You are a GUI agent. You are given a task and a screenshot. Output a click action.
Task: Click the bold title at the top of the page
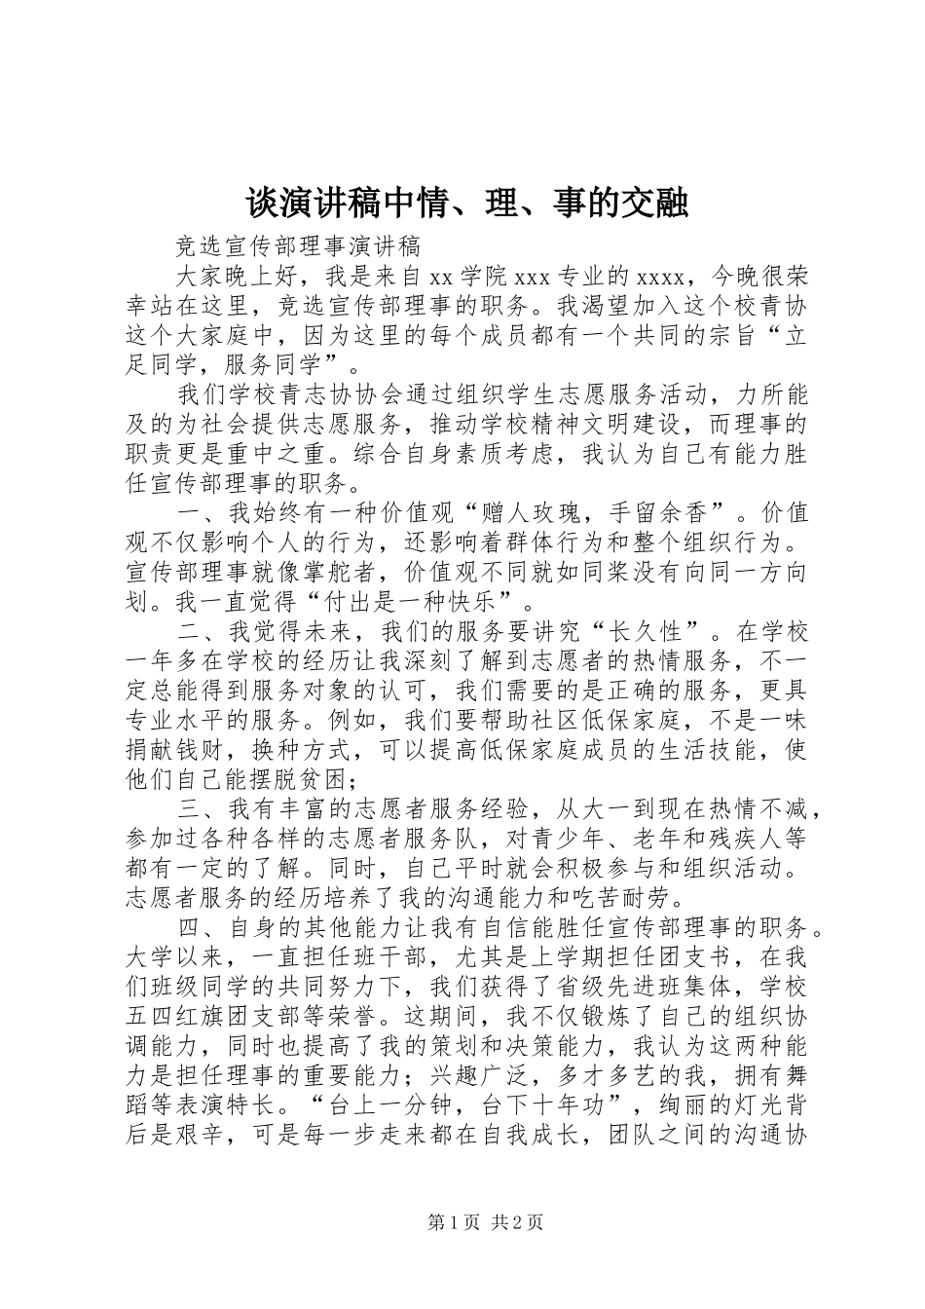(466, 203)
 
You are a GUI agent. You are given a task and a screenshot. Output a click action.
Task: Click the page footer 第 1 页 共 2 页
(485, 1221)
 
